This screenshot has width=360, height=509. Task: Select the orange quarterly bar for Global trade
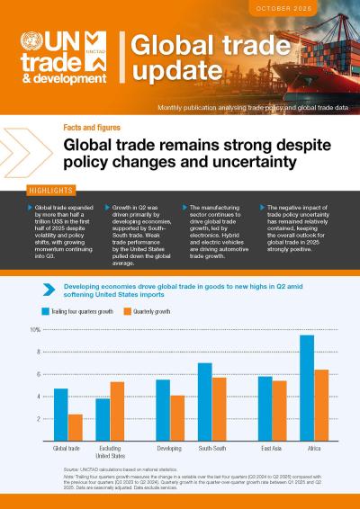pyautogui.click(x=76, y=427)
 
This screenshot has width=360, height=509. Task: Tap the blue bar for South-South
pyautogui.click(x=204, y=401)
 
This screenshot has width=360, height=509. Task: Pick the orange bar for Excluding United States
pyautogui.click(x=117, y=411)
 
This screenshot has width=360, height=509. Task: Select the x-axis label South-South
pyautogui.click(x=211, y=447)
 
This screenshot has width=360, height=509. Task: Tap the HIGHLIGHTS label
pyautogui.click(x=42, y=192)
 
